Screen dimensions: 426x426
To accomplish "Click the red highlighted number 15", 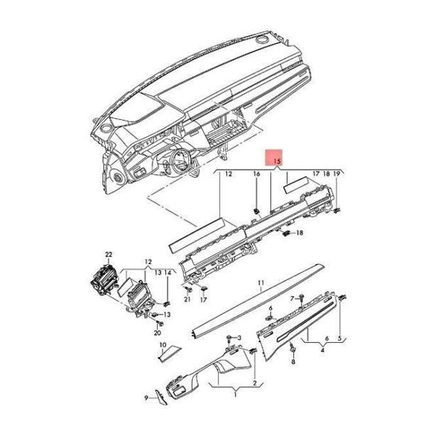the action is click(x=277, y=161).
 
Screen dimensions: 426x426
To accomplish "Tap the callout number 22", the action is click(x=109, y=255).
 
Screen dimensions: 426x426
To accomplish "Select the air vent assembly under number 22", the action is click(x=104, y=280).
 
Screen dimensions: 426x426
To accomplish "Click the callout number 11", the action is click(x=261, y=283).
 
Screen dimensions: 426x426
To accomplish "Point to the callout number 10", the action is click(x=163, y=345).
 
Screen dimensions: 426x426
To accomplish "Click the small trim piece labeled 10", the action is click(x=170, y=354).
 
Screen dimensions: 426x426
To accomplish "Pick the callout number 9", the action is click(x=146, y=398).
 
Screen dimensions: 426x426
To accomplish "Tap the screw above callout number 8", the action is click(x=293, y=348).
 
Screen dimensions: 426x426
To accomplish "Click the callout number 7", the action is click(x=293, y=299).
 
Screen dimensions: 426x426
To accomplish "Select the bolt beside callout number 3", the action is click(x=230, y=339).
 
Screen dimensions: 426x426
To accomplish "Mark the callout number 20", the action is click(x=158, y=332).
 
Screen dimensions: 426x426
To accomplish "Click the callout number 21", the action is click(x=187, y=299).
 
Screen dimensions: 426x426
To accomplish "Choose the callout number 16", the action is click(x=256, y=174).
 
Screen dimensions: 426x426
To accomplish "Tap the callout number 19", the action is click(x=337, y=174).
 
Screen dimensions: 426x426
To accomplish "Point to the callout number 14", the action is click(x=168, y=273).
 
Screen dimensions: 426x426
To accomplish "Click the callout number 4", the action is click(x=322, y=350).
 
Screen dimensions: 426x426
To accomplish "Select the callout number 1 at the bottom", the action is click(x=235, y=394).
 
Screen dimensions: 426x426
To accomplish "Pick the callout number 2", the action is click(x=255, y=383).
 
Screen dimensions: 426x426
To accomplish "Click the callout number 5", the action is click(x=339, y=339).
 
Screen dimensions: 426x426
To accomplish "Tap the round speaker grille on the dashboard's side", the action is click(x=118, y=177).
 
